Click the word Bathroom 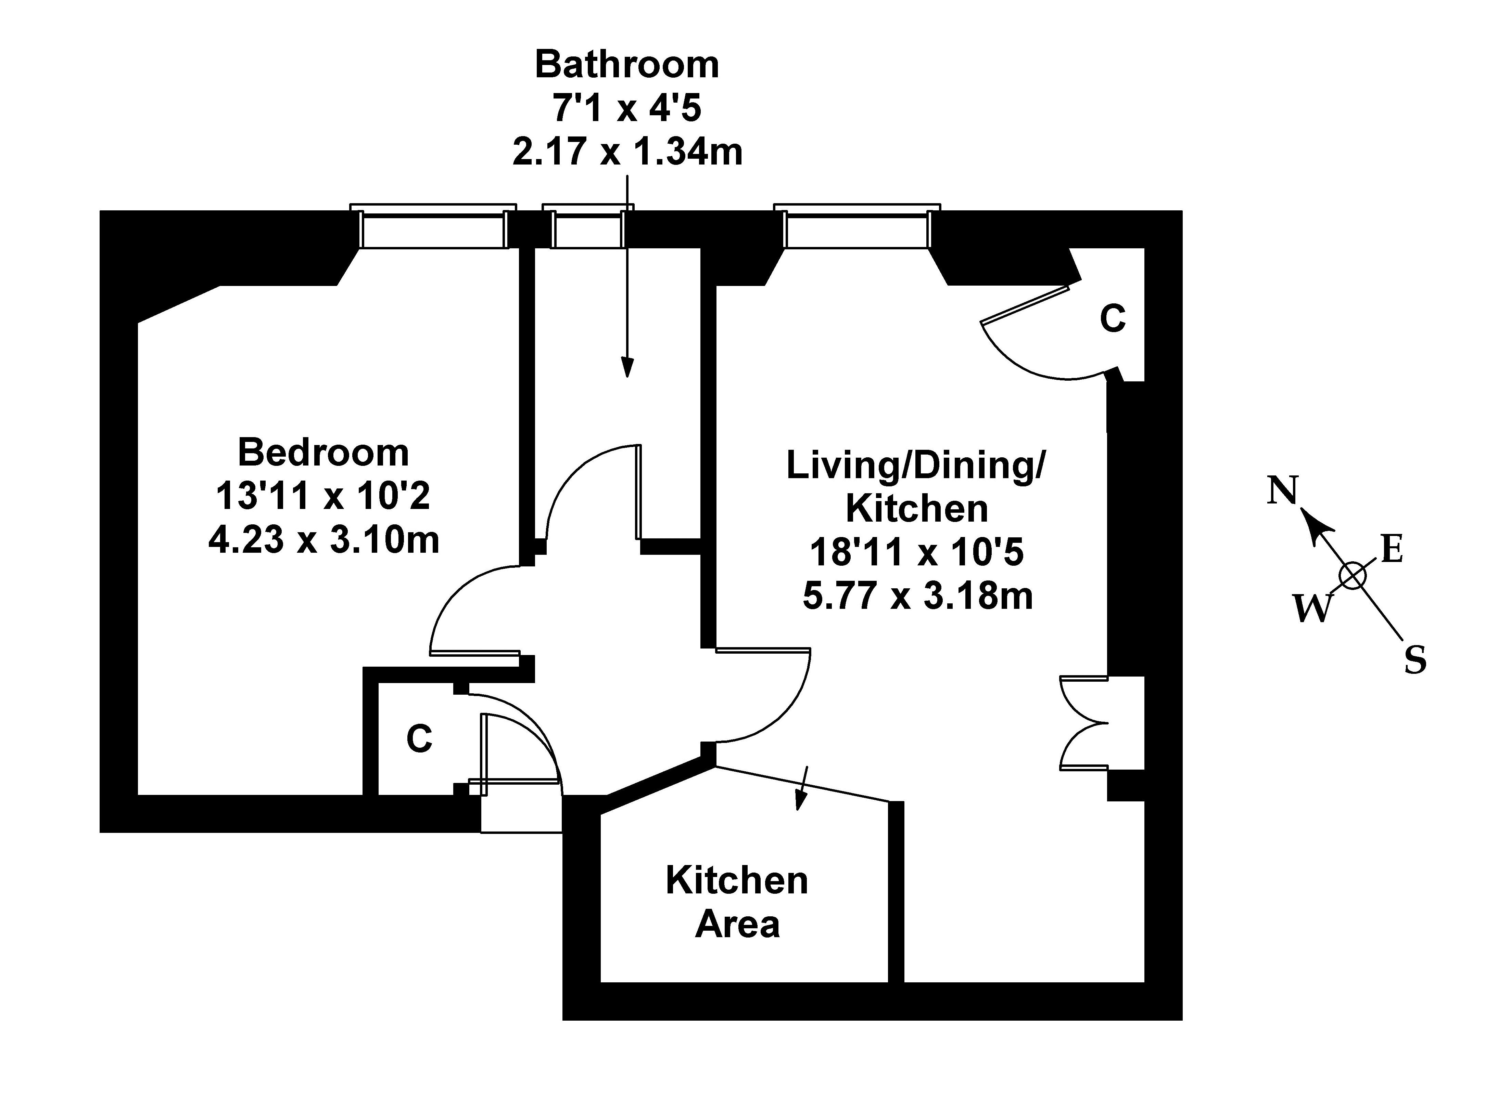(627, 65)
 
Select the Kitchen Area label (737, 902)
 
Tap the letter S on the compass (1415, 661)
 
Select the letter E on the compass (1392, 550)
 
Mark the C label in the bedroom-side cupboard (419, 739)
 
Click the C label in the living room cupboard (1113, 319)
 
